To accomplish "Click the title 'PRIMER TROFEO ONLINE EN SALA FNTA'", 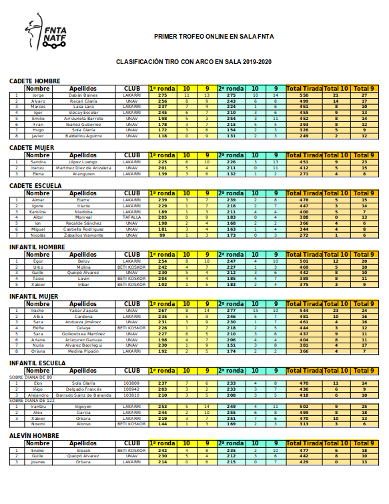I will pos(214,37).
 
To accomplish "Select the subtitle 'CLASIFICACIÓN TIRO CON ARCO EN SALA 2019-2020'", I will pos(193,61).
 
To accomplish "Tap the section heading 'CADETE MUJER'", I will pos(32,147).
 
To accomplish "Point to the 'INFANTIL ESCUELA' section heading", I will pos(37,363).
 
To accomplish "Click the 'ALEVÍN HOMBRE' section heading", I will pos(35,435).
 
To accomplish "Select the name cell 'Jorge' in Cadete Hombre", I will pos(38,95).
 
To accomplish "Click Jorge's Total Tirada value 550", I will pos(304,95).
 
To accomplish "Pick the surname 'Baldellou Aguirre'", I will pos(84,135).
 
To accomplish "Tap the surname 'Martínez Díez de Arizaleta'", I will pos(84,167).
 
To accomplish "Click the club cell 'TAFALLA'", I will pos(132,217).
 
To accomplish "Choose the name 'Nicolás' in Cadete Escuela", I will pos(38,235).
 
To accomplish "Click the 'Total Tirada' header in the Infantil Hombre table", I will pos(304,255).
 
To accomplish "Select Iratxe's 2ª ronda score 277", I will pos(232,311).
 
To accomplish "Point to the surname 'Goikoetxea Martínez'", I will pos(84,333).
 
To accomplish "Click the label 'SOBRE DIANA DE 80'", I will pos(31,377).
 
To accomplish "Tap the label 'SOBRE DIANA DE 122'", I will pos(31,400).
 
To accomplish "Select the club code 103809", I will pos(132,383).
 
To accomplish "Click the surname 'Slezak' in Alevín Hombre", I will pos(84,450).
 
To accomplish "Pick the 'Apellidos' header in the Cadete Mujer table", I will pos(84,155).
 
